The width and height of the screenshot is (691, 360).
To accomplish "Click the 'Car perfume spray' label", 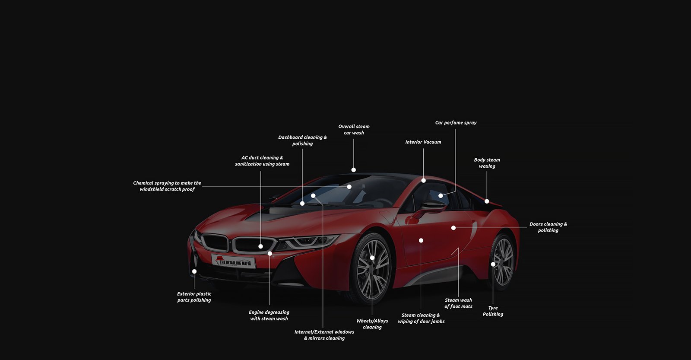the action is pos(456,123).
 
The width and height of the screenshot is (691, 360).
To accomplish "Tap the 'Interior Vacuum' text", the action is pos(423,142).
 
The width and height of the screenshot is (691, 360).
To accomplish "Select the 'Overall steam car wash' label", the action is pos(354,130).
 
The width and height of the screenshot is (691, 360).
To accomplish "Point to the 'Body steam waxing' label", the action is pos(487,163).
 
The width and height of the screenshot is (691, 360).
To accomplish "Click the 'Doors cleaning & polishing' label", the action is pos(548,227).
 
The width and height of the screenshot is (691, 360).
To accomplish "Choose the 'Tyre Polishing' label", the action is pos(493,311).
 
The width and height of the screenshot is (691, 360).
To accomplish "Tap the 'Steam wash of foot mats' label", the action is pos(458,303).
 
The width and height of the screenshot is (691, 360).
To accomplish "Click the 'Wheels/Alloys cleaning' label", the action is pos(372,324).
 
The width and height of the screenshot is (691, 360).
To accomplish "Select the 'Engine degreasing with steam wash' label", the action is pos(269,315).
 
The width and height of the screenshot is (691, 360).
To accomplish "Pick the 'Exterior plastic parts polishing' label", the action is pos(194,297).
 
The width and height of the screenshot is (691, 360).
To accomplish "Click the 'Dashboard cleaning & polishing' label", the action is pos(302,140).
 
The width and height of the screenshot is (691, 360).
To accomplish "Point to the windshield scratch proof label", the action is pos(167,186).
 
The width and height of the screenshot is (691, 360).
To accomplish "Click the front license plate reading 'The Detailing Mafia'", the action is pos(234,261).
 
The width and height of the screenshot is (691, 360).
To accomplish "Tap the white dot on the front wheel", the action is pos(372,258).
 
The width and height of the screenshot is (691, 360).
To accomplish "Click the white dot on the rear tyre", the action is pos(493,264).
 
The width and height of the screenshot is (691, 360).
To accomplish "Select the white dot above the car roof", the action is pos(354,170).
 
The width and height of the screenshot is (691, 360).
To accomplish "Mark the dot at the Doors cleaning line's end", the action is pos(453,228).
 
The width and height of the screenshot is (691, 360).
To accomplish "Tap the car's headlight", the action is pos(308,241).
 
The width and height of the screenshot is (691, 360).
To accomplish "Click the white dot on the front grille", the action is pos(261,246).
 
